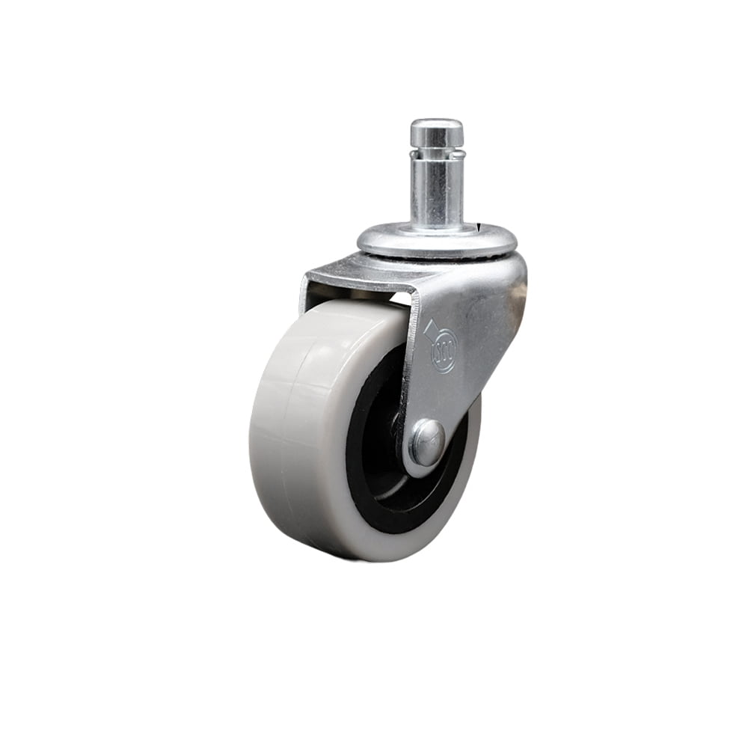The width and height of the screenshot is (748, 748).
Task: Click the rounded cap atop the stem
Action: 436,132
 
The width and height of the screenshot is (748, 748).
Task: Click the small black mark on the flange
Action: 477,227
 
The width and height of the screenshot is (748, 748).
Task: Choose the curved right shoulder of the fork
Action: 516,277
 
